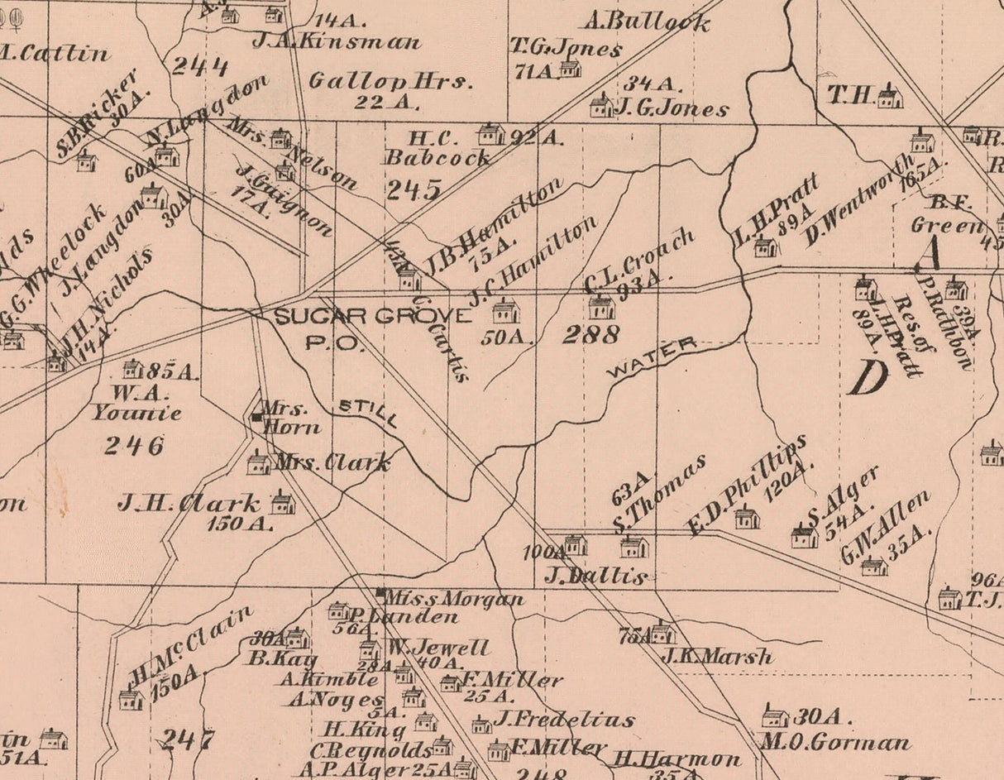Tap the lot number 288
tap(590, 335)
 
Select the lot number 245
tap(413, 191)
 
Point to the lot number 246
tap(133, 446)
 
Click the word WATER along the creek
tap(652, 358)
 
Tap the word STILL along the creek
tap(368, 412)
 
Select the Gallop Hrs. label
tap(390, 81)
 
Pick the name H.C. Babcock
tap(415, 146)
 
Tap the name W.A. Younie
tap(136, 402)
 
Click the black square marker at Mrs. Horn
tap(256, 418)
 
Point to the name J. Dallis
tap(595, 577)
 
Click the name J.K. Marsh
tap(717, 657)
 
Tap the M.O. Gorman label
tap(834, 742)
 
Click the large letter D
tap(868, 379)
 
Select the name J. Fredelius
tap(565, 719)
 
